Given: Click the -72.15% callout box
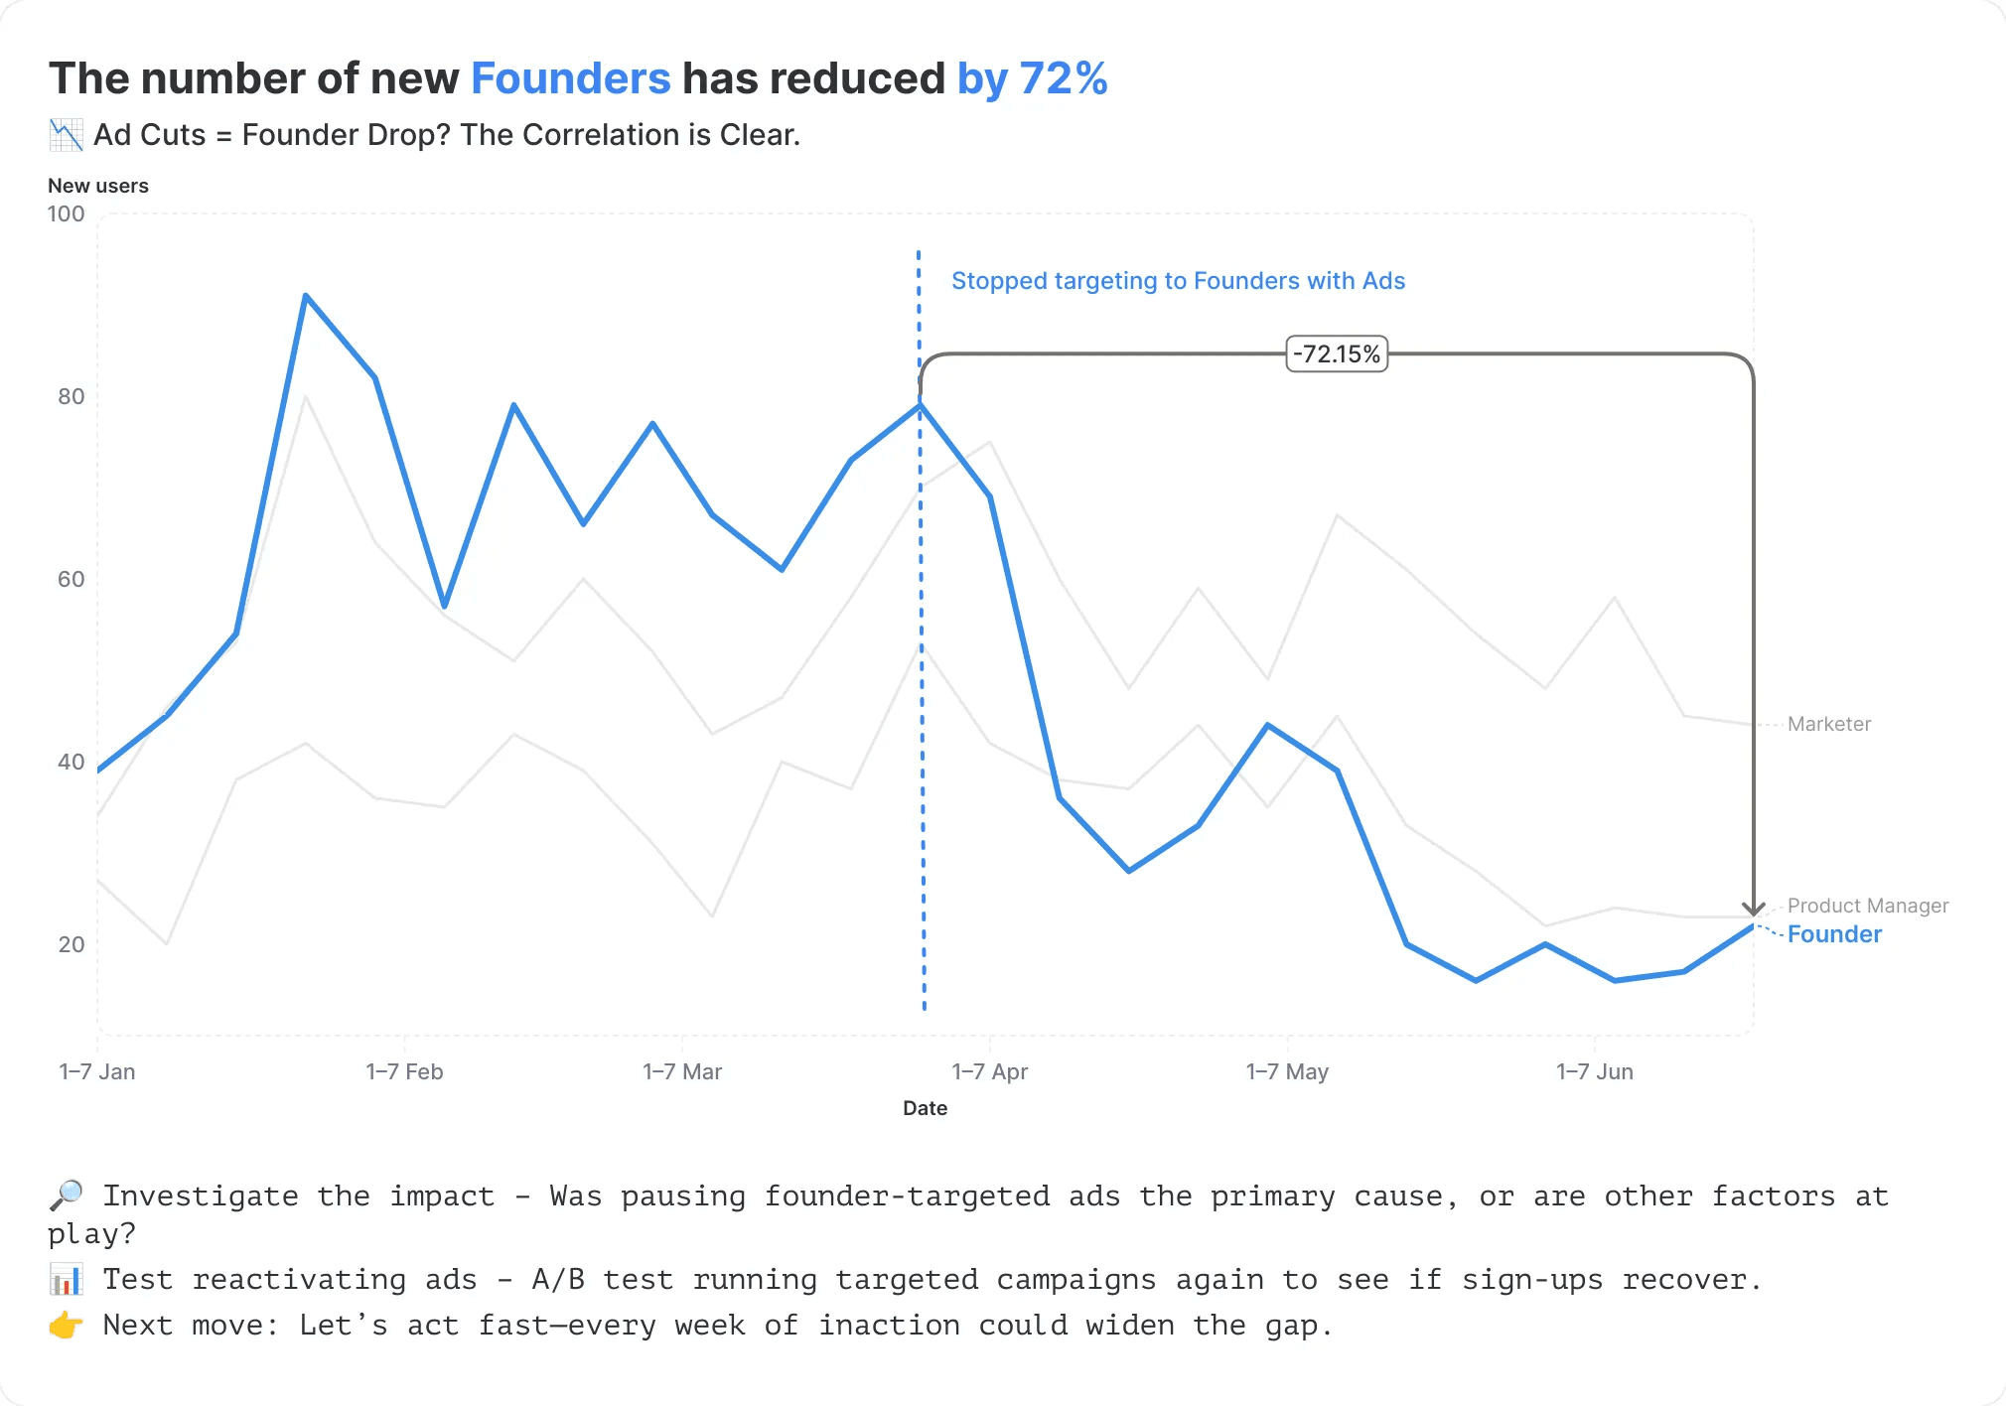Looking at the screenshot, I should click(1337, 353).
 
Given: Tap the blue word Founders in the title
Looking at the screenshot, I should click(570, 78).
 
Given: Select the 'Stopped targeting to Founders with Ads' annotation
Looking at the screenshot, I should click(1178, 281).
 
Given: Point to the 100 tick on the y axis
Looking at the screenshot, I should click(67, 213).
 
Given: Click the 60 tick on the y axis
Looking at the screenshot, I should click(72, 579).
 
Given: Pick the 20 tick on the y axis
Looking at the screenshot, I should click(72, 944).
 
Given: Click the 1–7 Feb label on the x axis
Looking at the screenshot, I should click(404, 1071).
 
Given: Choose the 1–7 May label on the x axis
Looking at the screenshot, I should click(1287, 1071).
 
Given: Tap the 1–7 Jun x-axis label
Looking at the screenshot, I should click(1594, 1071).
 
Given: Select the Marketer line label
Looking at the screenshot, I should click(1828, 724).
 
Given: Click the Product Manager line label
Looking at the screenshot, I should click(1867, 906).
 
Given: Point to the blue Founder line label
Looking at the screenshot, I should click(1834, 934).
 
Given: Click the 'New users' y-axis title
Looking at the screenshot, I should click(98, 186).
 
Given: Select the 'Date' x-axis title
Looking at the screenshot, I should click(925, 1108).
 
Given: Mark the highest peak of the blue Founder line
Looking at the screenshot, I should click(306, 296).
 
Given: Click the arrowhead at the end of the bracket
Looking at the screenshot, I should click(1753, 909).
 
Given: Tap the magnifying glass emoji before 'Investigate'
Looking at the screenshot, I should click(67, 1195).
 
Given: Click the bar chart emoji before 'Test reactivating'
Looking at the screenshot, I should click(67, 1279).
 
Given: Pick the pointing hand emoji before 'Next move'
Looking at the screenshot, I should click(67, 1325).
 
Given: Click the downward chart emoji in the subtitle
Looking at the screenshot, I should click(67, 135).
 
